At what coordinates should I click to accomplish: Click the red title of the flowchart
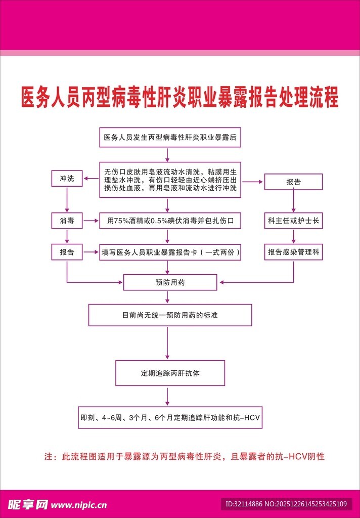tap(180, 97)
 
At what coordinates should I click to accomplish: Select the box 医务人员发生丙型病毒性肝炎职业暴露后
tap(170, 137)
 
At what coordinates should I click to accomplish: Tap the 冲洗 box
tap(67, 179)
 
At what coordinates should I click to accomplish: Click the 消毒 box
tap(67, 221)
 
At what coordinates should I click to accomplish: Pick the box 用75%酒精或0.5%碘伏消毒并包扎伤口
tap(170, 221)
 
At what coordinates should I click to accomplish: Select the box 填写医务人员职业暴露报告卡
tap(170, 252)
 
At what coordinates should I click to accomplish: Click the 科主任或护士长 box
tap(293, 221)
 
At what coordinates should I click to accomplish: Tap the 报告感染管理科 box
tap(293, 252)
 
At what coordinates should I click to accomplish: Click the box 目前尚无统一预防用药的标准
tap(170, 315)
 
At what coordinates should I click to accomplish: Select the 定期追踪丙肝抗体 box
tap(170, 373)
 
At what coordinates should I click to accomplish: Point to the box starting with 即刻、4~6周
tap(170, 418)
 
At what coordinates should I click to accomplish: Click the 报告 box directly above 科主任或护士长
tap(293, 182)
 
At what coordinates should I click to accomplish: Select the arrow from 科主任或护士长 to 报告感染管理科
tap(293, 236)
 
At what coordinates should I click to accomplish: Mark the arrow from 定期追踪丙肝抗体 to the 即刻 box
tap(167, 396)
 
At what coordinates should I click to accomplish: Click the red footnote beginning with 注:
tap(184, 457)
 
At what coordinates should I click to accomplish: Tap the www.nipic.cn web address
tap(79, 504)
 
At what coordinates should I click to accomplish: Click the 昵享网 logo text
tap(28, 504)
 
